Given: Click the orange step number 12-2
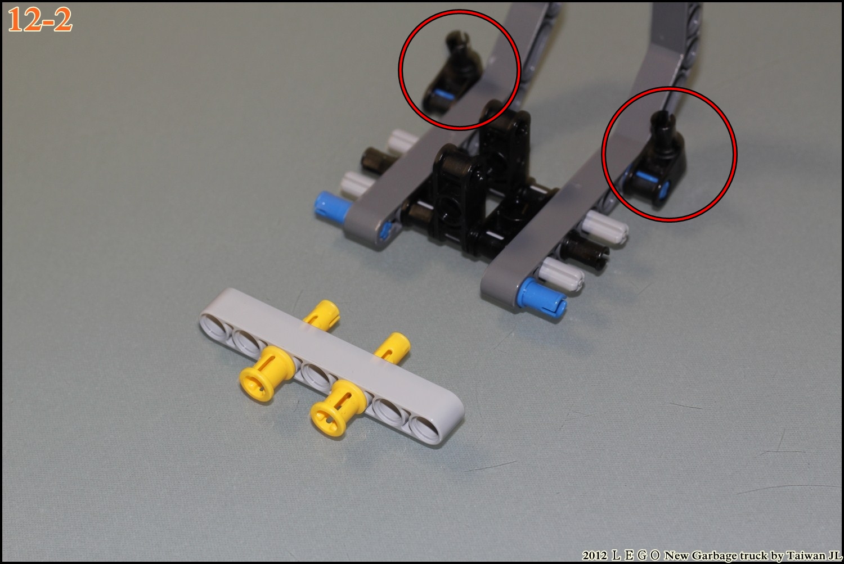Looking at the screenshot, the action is click(39, 20).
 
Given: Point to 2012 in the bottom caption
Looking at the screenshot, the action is click(594, 556).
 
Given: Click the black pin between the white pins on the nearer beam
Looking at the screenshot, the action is click(584, 250).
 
